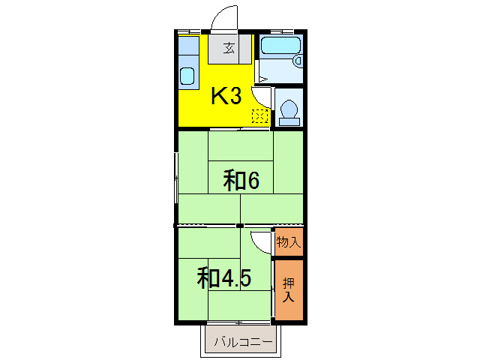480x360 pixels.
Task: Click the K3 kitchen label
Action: (x=225, y=96)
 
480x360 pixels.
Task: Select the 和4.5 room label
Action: (x=223, y=277)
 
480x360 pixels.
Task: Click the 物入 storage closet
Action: (x=289, y=241)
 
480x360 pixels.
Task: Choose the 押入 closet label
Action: (x=289, y=289)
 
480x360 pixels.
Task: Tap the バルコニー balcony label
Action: (x=240, y=343)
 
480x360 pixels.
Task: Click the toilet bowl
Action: (x=289, y=111)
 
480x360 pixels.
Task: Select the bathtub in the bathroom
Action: (x=279, y=46)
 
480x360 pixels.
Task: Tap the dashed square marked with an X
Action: (x=260, y=116)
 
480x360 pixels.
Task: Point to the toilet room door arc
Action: (x=262, y=96)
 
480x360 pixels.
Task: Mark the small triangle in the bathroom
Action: (x=262, y=78)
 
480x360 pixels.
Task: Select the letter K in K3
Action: (x=218, y=96)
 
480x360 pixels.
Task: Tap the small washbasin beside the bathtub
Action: (x=298, y=60)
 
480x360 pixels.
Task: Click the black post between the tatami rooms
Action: (x=239, y=225)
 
